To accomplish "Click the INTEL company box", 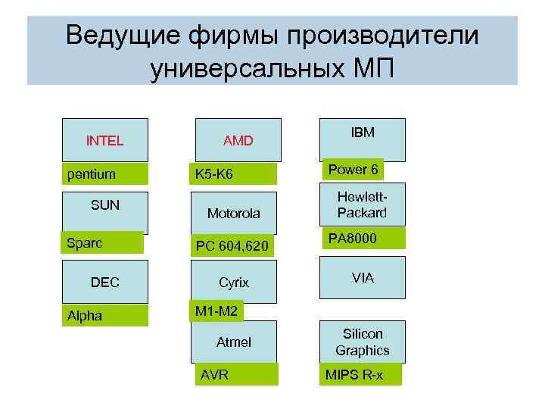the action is (x=104, y=140).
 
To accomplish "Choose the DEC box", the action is (x=104, y=283).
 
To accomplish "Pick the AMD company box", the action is (x=237, y=140).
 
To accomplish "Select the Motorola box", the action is (x=234, y=214).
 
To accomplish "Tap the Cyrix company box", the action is (x=234, y=282).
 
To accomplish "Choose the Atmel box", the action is (x=234, y=342).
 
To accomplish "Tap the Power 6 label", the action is (x=353, y=169).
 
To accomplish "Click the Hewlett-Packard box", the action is (x=363, y=204).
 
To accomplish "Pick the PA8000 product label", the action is (x=362, y=239).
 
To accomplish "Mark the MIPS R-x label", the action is (x=360, y=375).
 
